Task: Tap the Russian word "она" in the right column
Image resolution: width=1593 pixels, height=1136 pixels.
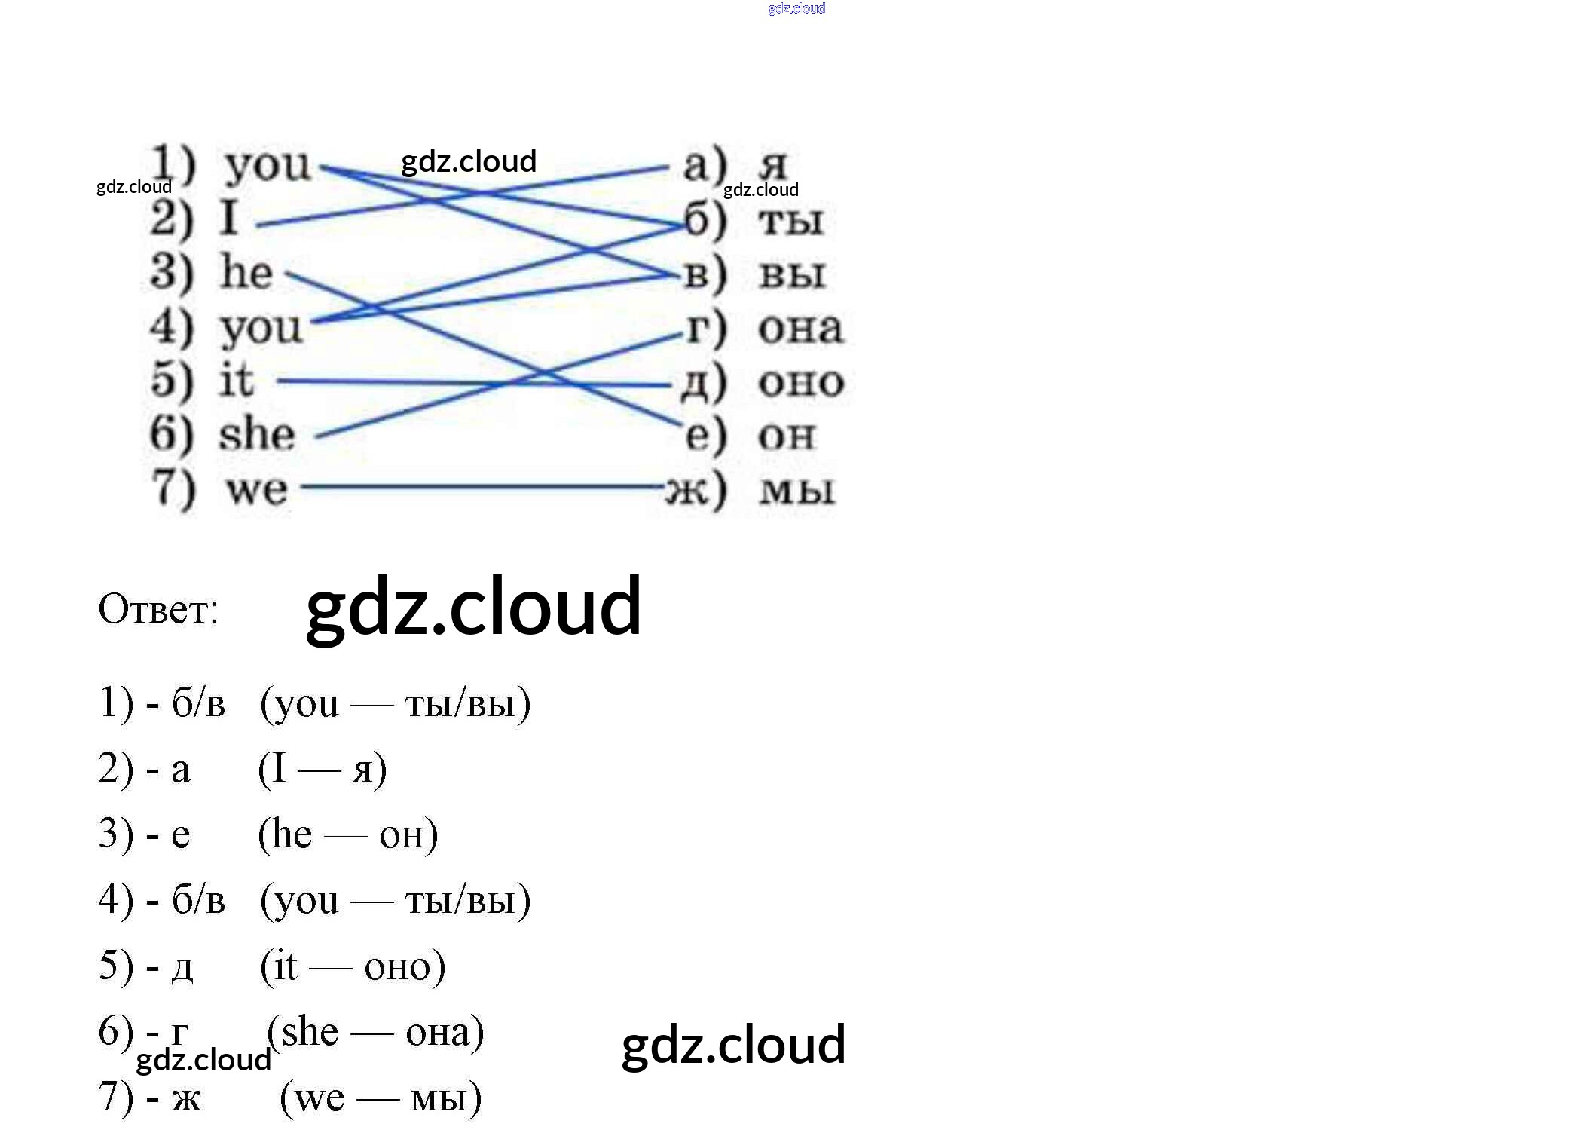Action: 800,328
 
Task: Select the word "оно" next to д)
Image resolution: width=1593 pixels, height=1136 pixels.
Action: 801,382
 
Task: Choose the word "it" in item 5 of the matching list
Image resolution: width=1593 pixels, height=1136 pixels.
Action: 237,379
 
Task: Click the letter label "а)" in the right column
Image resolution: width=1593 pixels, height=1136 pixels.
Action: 705,164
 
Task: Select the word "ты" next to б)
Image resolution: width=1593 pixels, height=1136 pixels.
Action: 791,220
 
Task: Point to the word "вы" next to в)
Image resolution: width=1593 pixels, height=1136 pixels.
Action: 792,274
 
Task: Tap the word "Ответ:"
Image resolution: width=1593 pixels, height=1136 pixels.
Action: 158,609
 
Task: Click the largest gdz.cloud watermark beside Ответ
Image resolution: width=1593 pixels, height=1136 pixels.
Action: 473,607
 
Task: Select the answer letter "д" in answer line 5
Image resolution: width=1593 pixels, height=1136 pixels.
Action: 182,967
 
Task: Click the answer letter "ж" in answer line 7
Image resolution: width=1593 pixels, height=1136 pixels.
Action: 186,1098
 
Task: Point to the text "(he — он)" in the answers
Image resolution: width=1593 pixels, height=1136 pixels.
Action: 348,834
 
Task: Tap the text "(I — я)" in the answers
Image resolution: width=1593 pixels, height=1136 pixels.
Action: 323,769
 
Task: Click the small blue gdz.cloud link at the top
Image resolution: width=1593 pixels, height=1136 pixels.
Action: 796,8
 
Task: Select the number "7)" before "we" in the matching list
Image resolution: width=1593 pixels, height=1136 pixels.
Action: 174,488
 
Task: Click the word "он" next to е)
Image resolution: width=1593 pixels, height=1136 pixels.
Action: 787,436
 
